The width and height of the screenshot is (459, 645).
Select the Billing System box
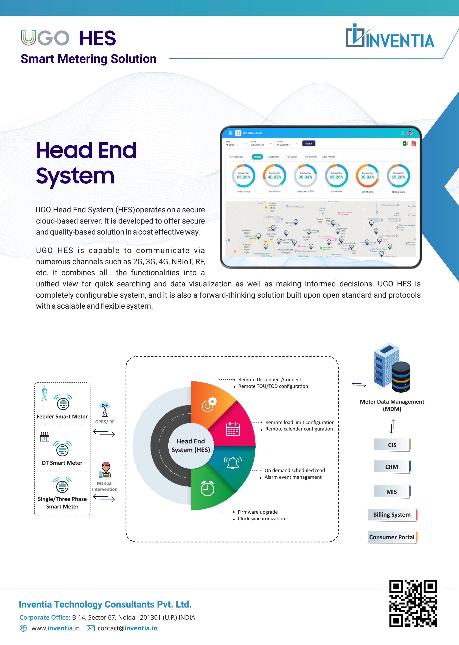pos(392,514)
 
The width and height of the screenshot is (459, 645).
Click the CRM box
pos(392,467)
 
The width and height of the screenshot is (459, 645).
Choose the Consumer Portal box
pos(392,537)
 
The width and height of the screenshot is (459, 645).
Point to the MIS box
pos(392,491)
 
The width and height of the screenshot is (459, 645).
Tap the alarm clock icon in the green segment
pos(208,488)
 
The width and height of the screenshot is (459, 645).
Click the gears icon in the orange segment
pos(209,404)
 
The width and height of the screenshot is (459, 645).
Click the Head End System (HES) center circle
pos(191,445)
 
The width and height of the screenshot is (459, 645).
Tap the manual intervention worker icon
pos(105,470)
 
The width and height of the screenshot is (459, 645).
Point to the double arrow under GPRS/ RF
pos(104,432)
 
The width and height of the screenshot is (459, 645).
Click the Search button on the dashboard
pos(308,144)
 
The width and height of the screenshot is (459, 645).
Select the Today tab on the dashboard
pos(257,157)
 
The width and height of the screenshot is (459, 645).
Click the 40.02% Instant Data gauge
pos(274,176)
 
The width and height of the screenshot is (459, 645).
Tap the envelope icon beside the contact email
pos(91,628)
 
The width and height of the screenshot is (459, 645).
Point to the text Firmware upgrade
pos(257,512)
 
